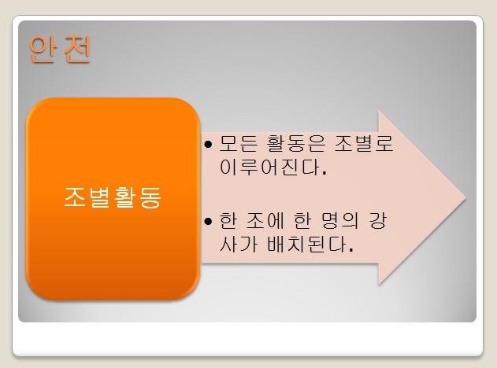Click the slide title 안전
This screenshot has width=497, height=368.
click(60, 49)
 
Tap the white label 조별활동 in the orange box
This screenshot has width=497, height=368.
click(113, 197)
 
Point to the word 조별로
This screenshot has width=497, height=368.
click(364, 144)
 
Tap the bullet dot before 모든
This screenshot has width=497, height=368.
click(208, 145)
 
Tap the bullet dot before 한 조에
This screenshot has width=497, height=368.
click(208, 221)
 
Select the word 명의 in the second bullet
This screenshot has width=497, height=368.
click(339, 220)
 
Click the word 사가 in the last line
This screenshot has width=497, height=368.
click(239, 244)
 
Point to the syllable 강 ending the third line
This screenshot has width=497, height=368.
click(378, 220)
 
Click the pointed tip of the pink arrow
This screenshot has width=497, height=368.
click(465, 198)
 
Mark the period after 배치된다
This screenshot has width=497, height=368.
click(350, 250)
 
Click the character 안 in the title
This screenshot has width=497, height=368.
click(42, 49)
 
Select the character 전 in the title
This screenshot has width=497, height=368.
click(78, 49)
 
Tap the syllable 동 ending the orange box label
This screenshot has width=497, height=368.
click(150, 197)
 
